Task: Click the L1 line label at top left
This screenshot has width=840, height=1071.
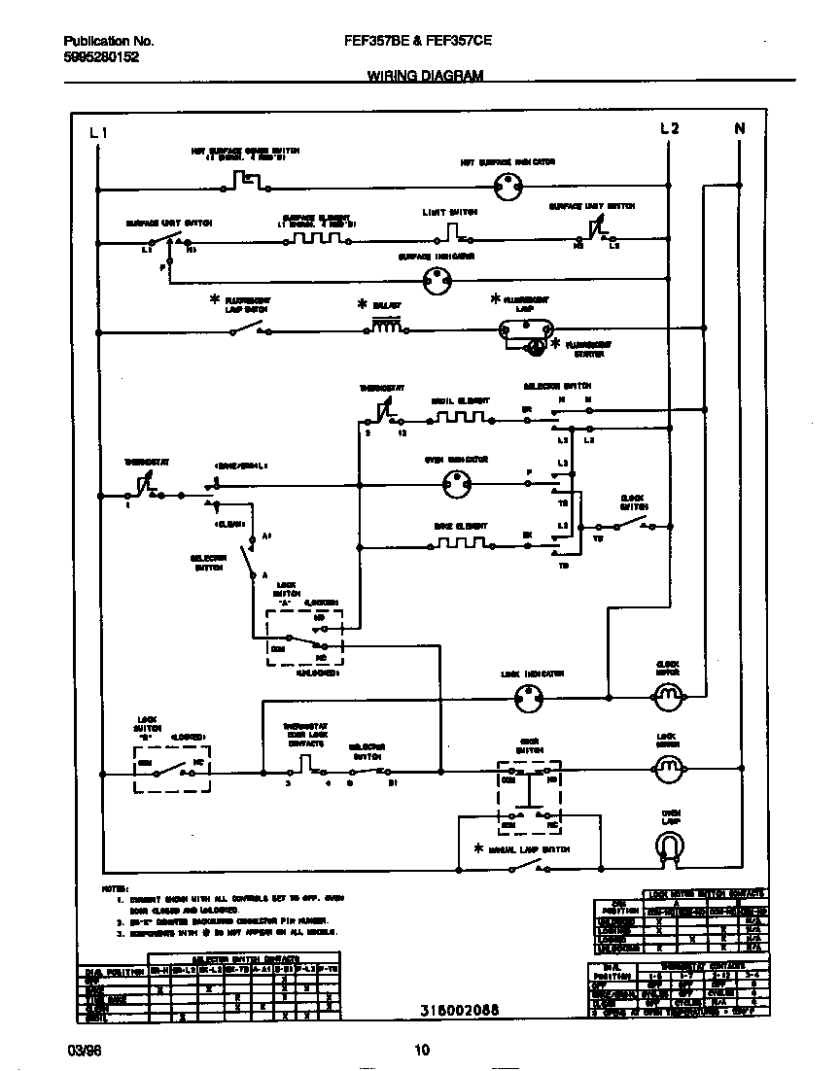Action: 98,132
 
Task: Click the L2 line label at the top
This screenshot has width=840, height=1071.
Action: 669,129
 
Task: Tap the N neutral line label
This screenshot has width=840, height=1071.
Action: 739,129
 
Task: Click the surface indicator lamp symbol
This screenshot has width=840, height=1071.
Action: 437,281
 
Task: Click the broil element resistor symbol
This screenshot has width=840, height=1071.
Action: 461,418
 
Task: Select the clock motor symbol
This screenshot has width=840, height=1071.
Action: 668,694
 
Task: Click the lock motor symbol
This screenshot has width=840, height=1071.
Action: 667,769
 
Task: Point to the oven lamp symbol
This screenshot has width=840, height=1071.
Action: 668,848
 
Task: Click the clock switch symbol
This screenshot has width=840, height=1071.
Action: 634,526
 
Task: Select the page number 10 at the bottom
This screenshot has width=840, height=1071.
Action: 421,1050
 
